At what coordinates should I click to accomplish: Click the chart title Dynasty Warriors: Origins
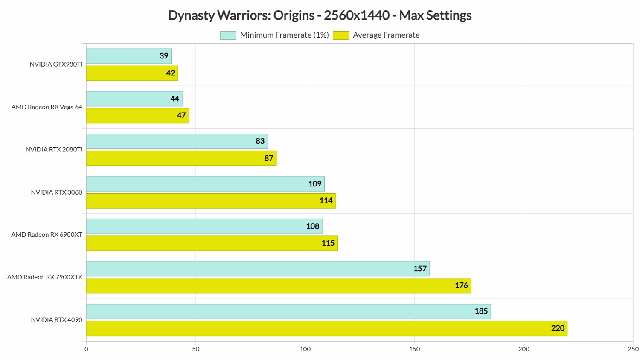coord(320,15)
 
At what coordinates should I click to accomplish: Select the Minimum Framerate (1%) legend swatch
coord(228,35)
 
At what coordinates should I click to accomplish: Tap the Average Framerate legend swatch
coord(341,35)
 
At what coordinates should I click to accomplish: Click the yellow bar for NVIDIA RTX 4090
coord(326,328)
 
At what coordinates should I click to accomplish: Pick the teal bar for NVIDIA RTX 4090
coord(288,311)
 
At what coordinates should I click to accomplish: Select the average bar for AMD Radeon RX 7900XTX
coord(279,286)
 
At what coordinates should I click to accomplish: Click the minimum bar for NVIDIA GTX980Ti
coord(128,56)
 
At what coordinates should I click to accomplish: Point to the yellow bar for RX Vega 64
coord(137,116)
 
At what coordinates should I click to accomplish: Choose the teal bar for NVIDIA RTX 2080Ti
coord(177,141)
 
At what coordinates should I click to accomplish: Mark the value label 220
coord(558,328)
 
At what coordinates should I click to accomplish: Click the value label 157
coord(420,269)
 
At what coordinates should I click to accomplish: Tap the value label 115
coord(328,243)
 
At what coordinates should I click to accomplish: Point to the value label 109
coord(315,184)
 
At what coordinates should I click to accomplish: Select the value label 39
coord(164,56)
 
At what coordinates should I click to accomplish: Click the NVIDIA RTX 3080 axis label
coord(56,192)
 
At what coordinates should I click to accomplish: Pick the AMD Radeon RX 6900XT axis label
coord(47,235)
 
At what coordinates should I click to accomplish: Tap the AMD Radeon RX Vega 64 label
coord(47,107)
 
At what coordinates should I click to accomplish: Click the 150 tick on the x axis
coord(414,349)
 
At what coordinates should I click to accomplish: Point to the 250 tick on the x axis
coord(633,349)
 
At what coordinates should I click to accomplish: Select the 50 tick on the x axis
coord(196,349)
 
